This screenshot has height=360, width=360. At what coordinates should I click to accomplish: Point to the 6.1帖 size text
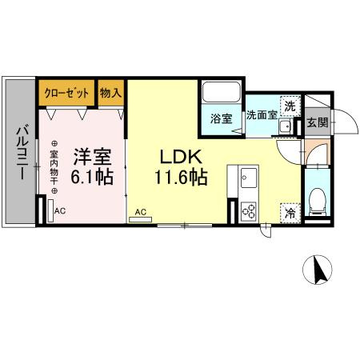tap(93, 178)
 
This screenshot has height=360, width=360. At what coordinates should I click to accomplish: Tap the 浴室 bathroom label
tap(221, 118)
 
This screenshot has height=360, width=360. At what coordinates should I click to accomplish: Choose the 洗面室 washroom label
tap(261, 114)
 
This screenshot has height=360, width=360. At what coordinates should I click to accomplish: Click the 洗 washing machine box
tap(291, 103)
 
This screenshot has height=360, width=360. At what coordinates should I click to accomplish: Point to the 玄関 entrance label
tap(317, 122)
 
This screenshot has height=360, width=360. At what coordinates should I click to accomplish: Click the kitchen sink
tap(246, 176)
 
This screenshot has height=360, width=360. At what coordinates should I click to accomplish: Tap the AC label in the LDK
tap(140, 212)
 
